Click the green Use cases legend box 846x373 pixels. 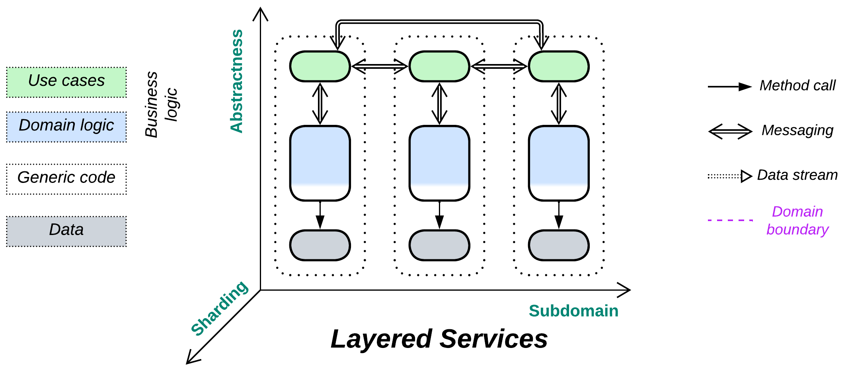pos(66,82)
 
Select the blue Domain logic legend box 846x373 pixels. pos(66,127)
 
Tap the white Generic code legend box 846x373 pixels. pos(66,179)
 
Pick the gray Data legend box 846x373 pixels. pos(66,231)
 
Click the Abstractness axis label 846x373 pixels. pos(237,81)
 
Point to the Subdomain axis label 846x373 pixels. pos(573,311)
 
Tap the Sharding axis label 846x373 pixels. pos(219,308)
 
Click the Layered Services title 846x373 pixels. pos(439,339)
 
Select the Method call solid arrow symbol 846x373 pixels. pos(729,87)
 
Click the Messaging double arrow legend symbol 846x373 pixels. pos(730,131)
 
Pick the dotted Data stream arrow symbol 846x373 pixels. pos(729,176)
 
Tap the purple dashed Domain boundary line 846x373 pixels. pos(730,220)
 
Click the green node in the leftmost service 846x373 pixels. pos(320,66)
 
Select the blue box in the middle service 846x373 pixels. pos(439,163)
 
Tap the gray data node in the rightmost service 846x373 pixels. pos(559,245)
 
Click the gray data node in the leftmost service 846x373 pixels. pos(320,245)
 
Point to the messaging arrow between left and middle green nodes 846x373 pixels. pos(380,66)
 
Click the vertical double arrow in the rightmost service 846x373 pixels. pos(559,103)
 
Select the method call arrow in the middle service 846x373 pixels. pos(439,215)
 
